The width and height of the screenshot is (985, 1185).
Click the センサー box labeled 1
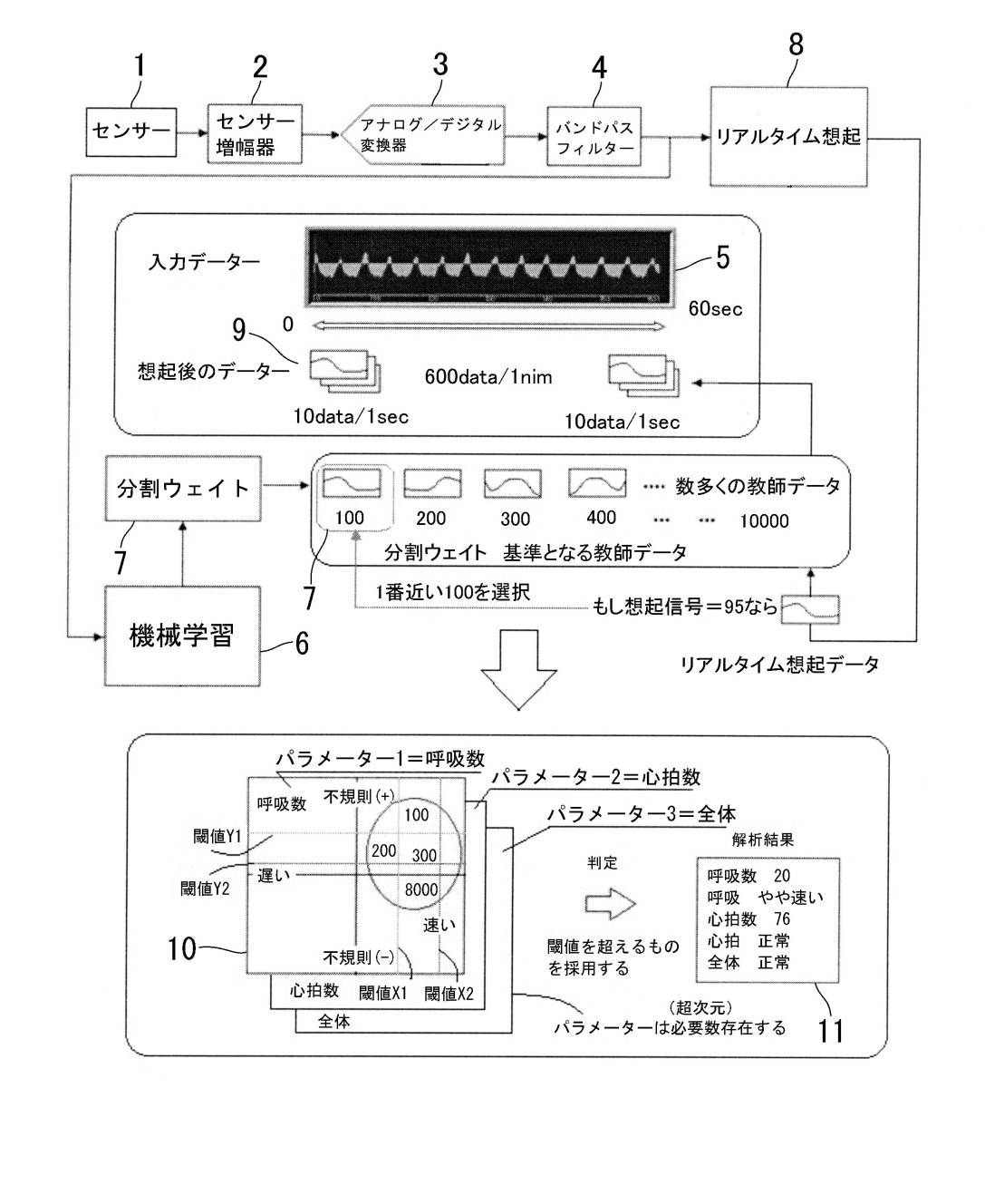tap(131, 131)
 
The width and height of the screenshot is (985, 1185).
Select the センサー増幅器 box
tap(256, 133)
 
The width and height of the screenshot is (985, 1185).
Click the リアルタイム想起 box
tap(787, 137)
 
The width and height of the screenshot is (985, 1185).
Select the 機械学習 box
tap(182, 636)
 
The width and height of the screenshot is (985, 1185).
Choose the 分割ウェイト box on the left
tap(183, 489)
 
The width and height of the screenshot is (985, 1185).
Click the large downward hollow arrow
tap(518, 670)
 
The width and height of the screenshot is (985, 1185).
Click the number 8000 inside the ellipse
tap(421, 889)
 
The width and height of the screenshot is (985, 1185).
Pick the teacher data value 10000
tap(764, 521)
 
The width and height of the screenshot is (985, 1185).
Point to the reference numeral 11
tap(830, 1031)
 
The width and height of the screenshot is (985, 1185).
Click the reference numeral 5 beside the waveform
tap(722, 257)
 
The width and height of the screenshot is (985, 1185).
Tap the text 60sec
tap(715, 308)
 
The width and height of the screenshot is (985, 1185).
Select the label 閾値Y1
tap(217, 837)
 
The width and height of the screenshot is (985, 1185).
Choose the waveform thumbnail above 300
tap(513, 483)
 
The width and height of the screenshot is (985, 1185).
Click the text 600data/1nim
tap(488, 376)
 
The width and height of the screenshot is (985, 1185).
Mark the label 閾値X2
tap(449, 994)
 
